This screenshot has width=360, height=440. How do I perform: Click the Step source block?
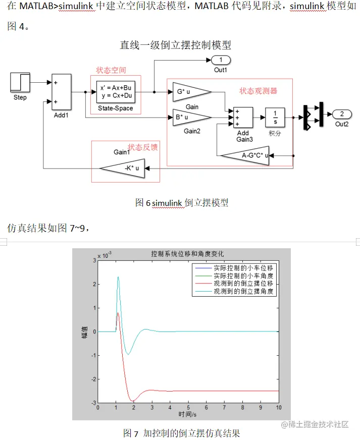click(x=20, y=82)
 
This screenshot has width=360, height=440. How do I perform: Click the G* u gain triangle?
click(x=189, y=92)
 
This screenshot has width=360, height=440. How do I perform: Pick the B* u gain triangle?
click(x=189, y=118)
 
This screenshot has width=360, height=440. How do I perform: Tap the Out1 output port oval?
click(x=221, y=61)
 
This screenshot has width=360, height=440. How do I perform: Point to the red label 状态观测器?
click(x=258, y=91)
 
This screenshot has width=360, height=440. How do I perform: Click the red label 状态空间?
click(x=111, y=70)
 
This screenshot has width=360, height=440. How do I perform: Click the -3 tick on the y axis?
click(x=93, y=403)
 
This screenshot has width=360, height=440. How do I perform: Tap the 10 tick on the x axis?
click(x=278, y=407)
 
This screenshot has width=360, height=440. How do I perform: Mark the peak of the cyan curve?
click(x=118, y=277)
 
